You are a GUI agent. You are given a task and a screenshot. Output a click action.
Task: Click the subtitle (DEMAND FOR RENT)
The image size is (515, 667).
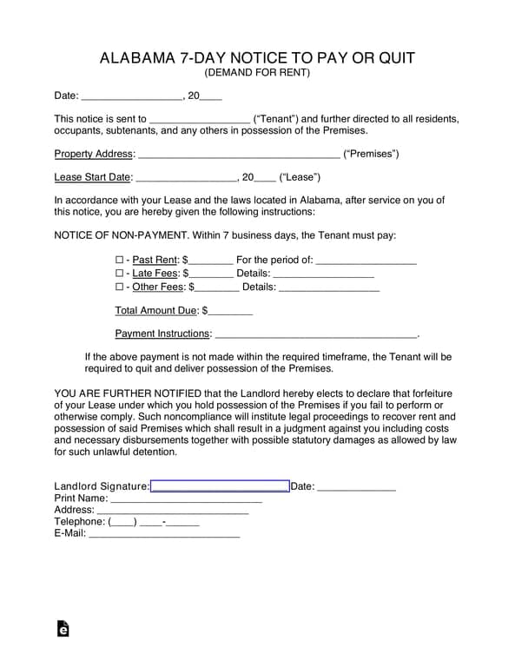click(x=257, y=73)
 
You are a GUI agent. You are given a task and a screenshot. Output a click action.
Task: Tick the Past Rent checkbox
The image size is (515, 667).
click(x=120, y=260)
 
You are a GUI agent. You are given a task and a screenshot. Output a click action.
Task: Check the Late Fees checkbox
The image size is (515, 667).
click(x=120, y=273)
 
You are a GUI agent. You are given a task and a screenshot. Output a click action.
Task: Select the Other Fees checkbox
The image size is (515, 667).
click(x=120, y=287)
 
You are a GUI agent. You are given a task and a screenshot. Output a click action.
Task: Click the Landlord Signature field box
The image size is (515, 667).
click(x=220, y=486)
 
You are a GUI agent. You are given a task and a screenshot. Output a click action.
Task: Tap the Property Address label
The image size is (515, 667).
click(x=95, y=154)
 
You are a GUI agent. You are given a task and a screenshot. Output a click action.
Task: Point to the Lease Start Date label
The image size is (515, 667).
click(x=93, y=177)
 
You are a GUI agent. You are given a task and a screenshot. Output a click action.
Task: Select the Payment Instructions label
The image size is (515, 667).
click(x=163, y=333)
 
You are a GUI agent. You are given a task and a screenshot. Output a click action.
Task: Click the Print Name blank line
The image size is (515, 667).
click(x=186, y=499)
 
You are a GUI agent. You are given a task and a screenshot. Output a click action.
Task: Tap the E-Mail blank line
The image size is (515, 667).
click(x=164, y=534)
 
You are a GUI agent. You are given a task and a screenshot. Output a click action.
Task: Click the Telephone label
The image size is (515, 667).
click(x=79, y=522)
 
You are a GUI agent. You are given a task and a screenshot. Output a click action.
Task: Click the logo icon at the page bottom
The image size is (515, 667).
click(x=63, y=629)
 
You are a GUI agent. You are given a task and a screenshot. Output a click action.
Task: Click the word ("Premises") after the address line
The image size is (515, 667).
click(x=371, y=154)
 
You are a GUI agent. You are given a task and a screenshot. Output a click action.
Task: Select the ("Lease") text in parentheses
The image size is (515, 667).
click(x=300, y=177)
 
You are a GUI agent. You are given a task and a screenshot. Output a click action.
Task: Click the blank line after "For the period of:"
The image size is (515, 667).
click(x=366, y=261)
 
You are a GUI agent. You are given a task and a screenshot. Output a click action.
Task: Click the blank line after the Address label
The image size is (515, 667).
click(x=178, y=511)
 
